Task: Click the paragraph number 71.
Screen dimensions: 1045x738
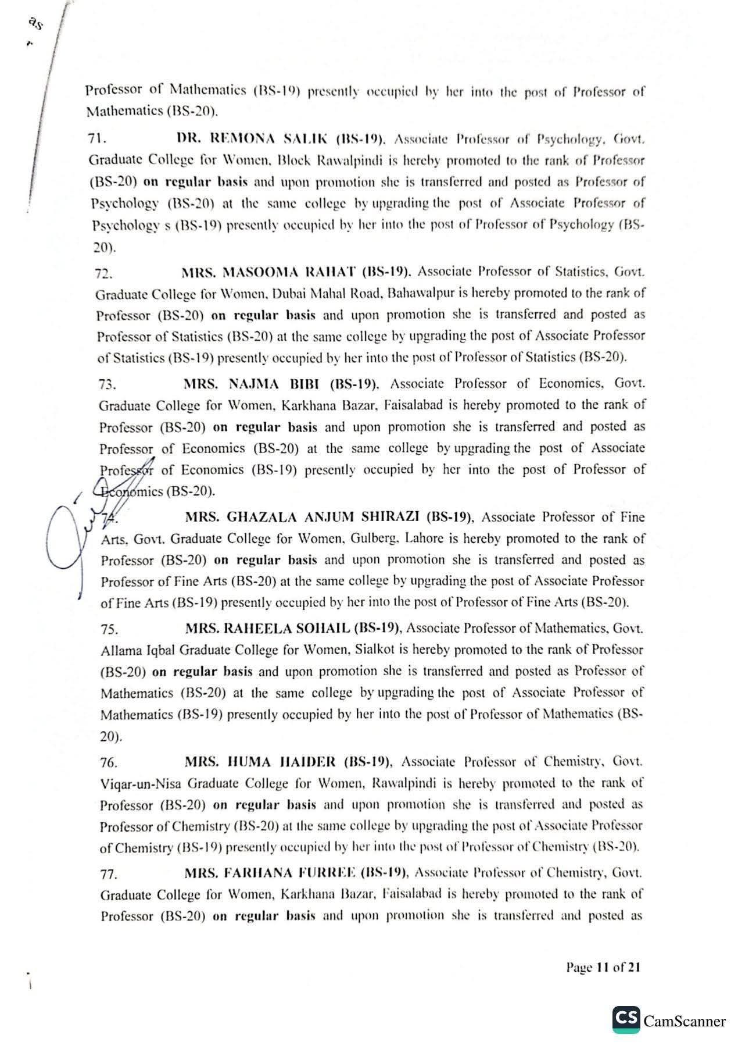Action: pyautogui.click(x=95, y=139)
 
